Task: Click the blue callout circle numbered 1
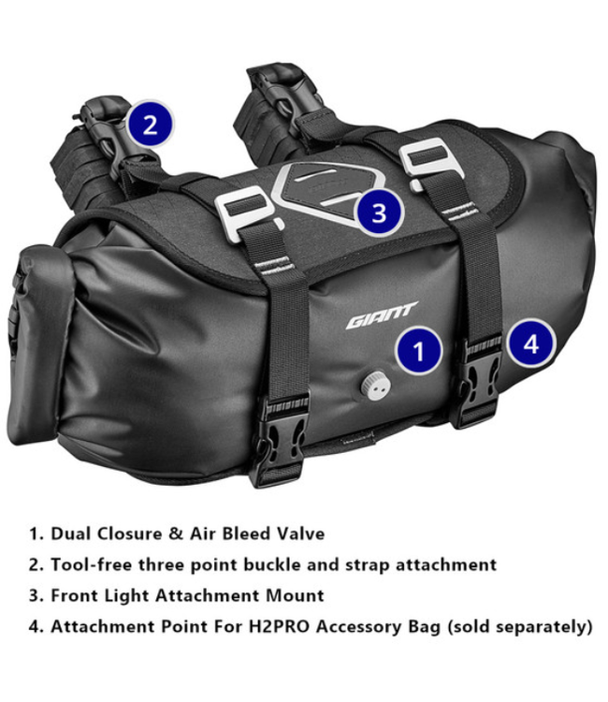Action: pyautogui.click(x=417, y=351)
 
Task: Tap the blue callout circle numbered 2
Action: pyautogui.click(x=150, y=124)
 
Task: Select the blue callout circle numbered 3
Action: pyautogui.click(x=378, y=212)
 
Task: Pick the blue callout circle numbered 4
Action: pyautogui.click(x=530, y=344)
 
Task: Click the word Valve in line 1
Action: pyautogui.click(x=298, y=534)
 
